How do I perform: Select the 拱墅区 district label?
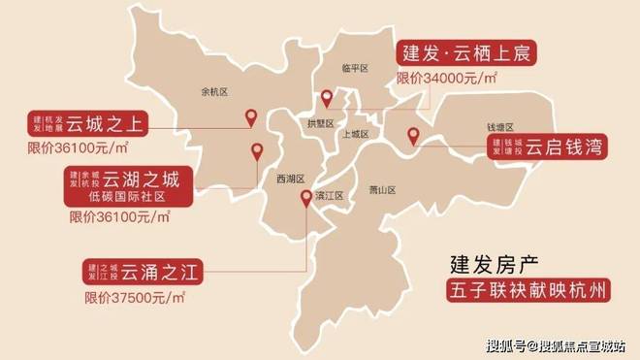tap(321, 123)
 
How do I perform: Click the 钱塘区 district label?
tap(499, 127)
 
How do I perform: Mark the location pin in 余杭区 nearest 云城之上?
tap(250, 119)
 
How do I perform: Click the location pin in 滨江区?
tap(306, 199)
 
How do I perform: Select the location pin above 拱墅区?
tap(327, 98)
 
